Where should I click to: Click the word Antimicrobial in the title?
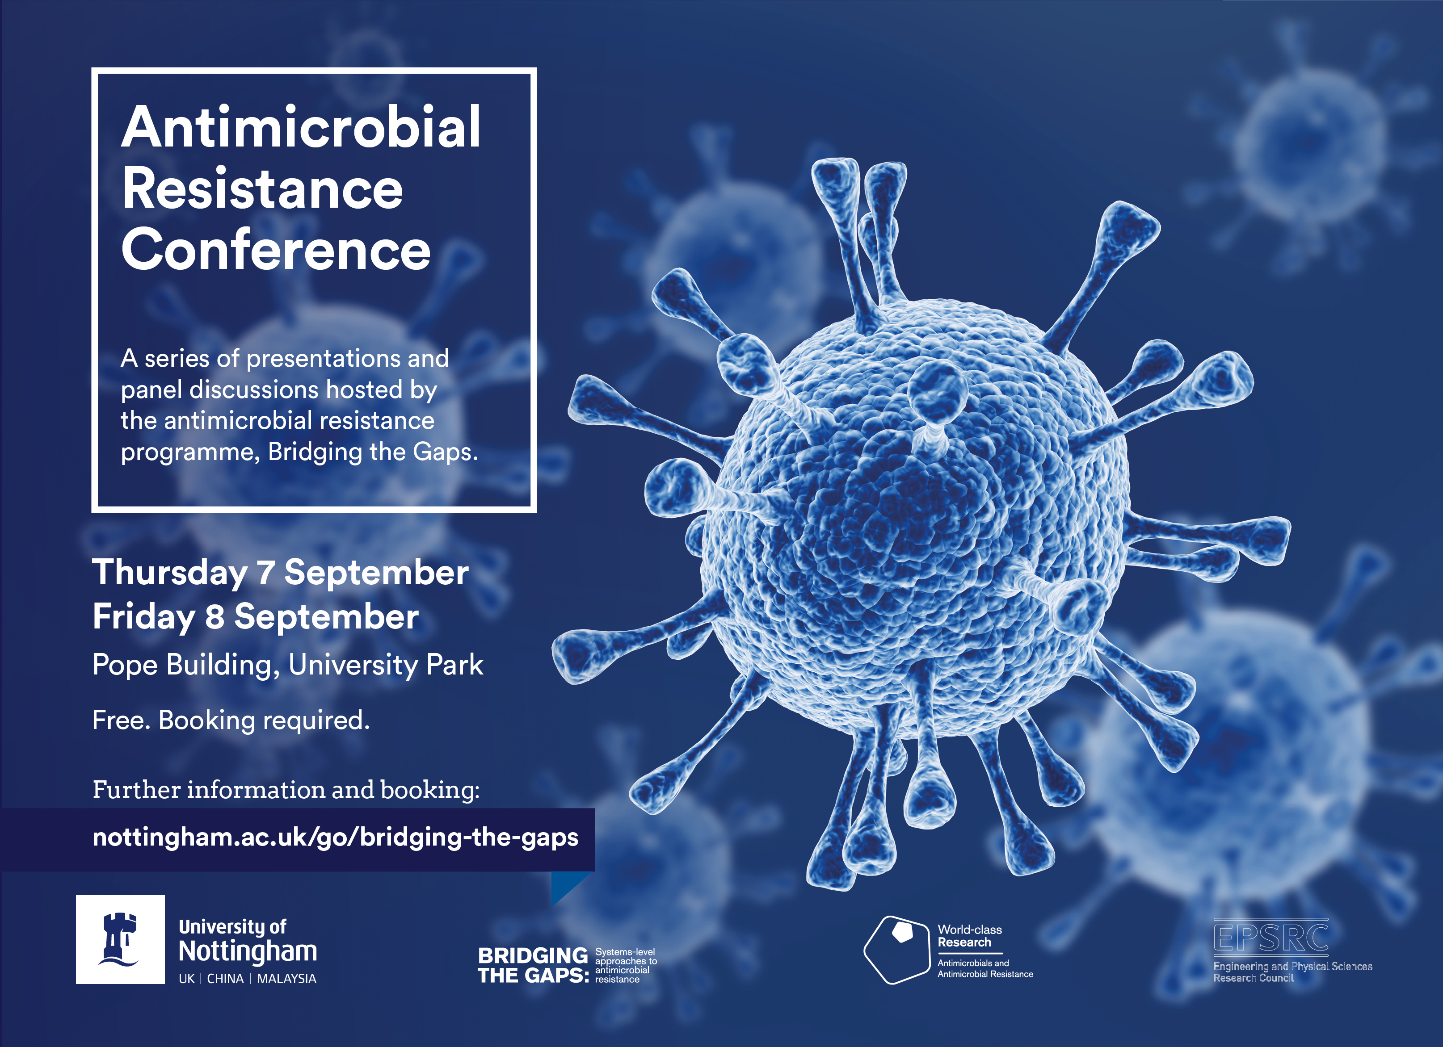pyautogui.click(x=301, y=127)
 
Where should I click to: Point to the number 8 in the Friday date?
pyautogui.click(x=215, y=617)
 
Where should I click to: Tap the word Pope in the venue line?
pyautogui.click(x=125, y=666)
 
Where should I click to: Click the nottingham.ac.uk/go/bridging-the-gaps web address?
pyautogui.click(x=335, y=838)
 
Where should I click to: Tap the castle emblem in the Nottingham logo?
pyautogui.click(x=120, y=939)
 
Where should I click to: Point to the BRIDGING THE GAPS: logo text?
pyautogui.click(x=533, y=965)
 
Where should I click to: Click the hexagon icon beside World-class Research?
pyautogui.click(x=897, y=950)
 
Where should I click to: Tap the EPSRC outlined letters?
pyautogui.click(x=1271, y=937)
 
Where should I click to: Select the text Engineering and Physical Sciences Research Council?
pyautogui.click(x=1292, y=972)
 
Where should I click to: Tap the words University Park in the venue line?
pyautogui.click(x=386, y=666)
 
